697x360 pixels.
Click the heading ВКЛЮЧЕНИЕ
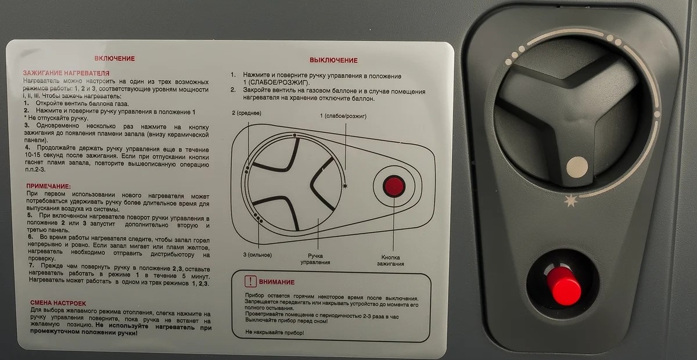(x=114, y=59)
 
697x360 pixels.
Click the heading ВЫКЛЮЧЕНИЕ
(x=333, y=60)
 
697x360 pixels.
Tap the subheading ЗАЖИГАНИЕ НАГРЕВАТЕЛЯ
(x=66, y=74)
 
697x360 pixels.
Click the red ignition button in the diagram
(x=394, y=186)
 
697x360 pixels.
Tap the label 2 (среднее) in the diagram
(x=246, y=112)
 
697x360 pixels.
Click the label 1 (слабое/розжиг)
(x=343, y=116)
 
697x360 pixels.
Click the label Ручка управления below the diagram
(x=315, y=259)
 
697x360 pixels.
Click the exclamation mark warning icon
(x=250, y=282)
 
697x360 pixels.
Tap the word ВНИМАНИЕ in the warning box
(x=277, y=282)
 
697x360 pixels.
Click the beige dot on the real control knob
(x=577, y=167)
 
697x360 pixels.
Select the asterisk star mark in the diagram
(x=346, y=186)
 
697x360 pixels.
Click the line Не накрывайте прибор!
(x=274, y=333)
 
